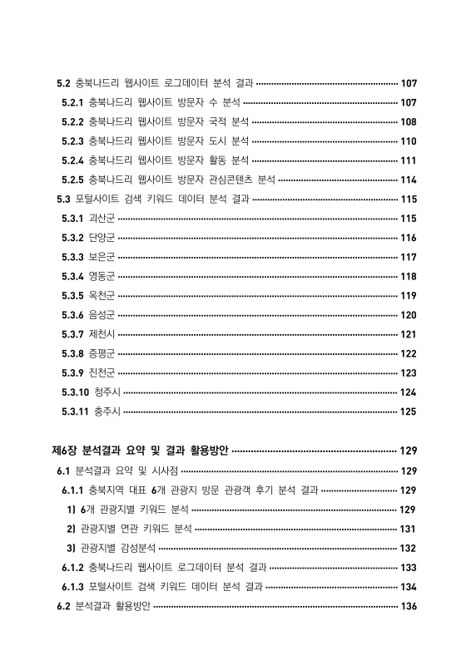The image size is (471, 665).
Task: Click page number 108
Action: (x=408, y=122)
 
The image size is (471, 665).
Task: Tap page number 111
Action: (x=408, y=160)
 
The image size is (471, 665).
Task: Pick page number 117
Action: (x=408, y=257)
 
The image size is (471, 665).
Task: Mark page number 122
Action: (x=408, y=353)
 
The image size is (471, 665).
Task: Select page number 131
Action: (x=408, y=529)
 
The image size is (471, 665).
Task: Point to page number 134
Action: (x=408, y=587)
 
